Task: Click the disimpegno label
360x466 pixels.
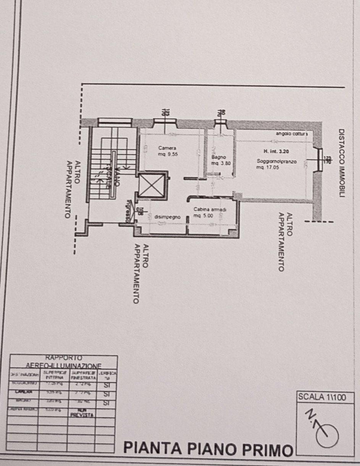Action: (167, 217)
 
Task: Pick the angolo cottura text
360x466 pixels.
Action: (291, 133)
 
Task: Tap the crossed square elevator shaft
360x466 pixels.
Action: (152, 186)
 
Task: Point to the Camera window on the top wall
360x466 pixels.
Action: (165, 122)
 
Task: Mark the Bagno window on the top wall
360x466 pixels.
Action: (220, 123)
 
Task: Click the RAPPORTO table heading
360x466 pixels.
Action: (63, 358)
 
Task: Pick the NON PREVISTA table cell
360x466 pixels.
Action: (82, 413)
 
